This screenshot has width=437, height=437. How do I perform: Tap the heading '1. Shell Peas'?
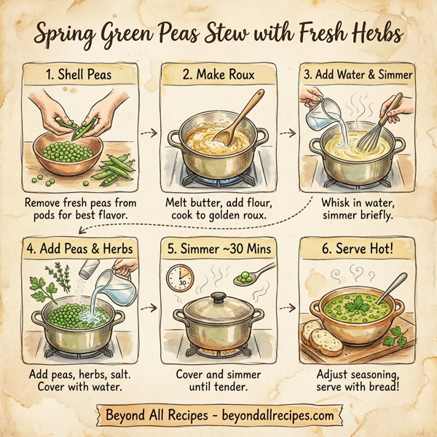pyautogui.click(x=76, y=74)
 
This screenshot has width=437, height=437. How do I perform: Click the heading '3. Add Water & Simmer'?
pyautogui.click(x=358, y=74)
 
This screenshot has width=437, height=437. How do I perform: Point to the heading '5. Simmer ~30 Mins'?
pyautogui.click(x=218, y=249)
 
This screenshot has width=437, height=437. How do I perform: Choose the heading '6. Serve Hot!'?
pyautogui.click(x=358, y=249)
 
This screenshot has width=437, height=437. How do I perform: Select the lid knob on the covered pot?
pyautogui.click(x=216, y=296)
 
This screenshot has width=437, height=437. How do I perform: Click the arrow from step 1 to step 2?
pyautogui.click(x=149, y=134)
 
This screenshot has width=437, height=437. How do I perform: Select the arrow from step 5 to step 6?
pyautogui.click(x=289, y=307)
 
